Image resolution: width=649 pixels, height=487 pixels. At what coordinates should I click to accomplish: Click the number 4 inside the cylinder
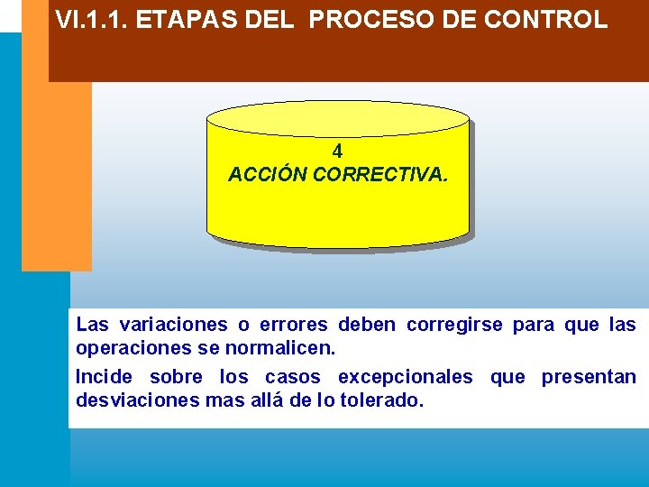[x=337, y=152]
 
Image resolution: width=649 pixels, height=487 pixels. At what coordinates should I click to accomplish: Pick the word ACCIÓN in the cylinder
[x=268, y=174]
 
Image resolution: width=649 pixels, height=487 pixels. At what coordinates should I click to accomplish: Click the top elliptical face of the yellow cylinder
[x=338, y=118]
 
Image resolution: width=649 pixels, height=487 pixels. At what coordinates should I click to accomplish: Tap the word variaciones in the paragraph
[x=173, y=325]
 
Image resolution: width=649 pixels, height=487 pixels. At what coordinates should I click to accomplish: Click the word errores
[x=292, y=325]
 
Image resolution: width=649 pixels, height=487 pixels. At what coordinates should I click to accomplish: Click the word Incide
[x=104, y=377]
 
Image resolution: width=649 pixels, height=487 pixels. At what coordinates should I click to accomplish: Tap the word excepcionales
[x=405, y=377]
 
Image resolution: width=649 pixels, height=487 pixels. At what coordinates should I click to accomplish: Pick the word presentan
[x=589, y=377]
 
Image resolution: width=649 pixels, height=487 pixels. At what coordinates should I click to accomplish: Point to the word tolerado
[x=381, y=400]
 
